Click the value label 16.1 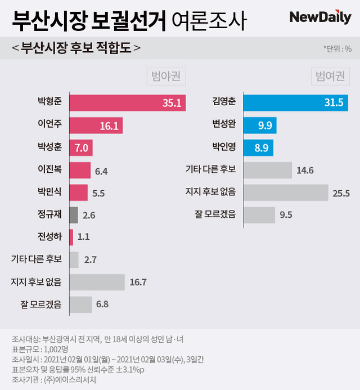pyautogui.click(x=109, y=125)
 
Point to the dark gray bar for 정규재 pyautogui.click(x=73, y=214)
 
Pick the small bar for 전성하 pyautogui.click(x=71, y=237)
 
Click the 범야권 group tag pyautogui.click(x=166, y=76)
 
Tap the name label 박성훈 pyautogui.click(x=49, y=147)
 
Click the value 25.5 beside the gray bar pyautogui.click(x=341, y=193)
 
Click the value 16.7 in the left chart pyautogui.click(x=138, y=282)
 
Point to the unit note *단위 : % pyautogui.click(x=337, y=48)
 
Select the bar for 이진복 pyautogui.click(x=79, y=170)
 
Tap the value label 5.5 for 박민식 pyautogui.click(x=99, y=192)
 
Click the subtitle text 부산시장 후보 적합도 pyautogui.click(x=76, y=48)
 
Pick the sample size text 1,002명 pyautogui.click(x=48, y=349)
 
